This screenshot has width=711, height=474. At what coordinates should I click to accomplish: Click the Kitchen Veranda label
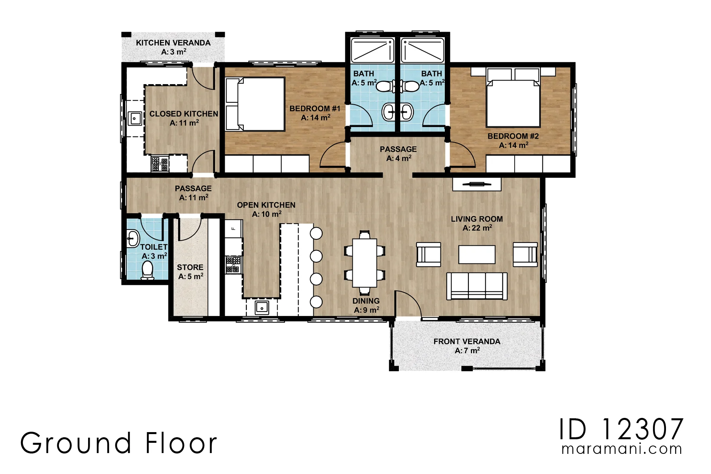(173, 47)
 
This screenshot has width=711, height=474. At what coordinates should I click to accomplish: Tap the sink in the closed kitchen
(135, 118)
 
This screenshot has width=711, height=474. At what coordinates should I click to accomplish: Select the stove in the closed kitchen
(160, 164)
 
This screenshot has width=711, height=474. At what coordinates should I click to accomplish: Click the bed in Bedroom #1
(255, 104)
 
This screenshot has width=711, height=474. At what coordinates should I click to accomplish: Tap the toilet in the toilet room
(147, 270)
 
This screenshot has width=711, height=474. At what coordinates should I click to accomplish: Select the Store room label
(190, 272)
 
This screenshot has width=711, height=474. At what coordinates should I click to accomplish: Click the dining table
(365, 262)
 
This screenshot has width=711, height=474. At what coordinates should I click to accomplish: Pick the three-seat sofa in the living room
(477, 286)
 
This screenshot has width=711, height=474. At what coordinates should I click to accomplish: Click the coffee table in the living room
(477, 254)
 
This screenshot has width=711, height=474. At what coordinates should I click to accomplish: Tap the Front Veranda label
(467, 346)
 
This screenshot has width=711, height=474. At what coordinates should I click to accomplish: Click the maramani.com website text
(622, 449)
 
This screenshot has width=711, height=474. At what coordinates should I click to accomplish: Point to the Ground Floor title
(118, 443)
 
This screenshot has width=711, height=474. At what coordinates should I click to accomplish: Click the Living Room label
(477, 223)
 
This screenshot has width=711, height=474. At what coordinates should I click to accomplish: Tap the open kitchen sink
(262, 307)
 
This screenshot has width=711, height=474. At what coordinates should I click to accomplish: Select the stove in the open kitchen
(233, 264)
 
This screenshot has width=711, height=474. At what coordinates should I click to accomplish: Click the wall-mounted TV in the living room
(477, 184)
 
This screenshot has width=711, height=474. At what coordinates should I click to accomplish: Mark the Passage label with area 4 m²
(398, 154)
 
